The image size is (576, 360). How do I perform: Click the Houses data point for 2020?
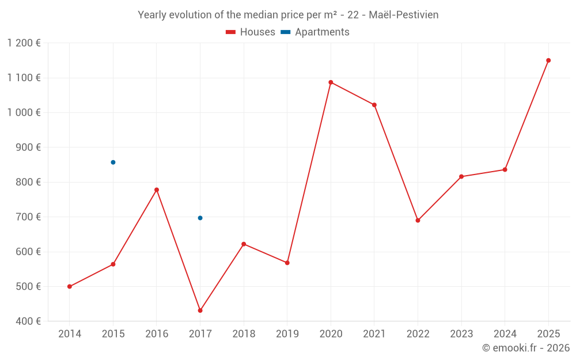tap(331, 82)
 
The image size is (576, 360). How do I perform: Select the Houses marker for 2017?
tap(200, 310)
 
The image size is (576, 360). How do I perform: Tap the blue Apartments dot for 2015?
tap(113, 162)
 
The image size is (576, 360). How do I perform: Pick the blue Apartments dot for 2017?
tap(200, 218)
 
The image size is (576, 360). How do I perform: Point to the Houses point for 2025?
tap(548, 60)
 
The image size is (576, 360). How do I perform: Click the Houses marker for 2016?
tap(157, 190)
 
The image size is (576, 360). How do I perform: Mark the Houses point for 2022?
tap(418, 220)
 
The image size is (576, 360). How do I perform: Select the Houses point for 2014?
tap(70, 286)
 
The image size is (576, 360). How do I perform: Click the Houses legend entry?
tap(251, 32)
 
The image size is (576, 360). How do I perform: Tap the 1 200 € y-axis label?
tap(24, 43)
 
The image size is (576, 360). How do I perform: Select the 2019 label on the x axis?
tap(287, 334)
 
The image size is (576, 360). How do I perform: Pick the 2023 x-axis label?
tap(461, 334)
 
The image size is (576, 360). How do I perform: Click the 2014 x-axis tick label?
tap(70, 334)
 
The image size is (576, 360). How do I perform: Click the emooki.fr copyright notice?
tap(526, 348)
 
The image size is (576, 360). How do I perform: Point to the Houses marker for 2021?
tap(374, 105)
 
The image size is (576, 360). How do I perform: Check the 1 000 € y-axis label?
tap(24, 113)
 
